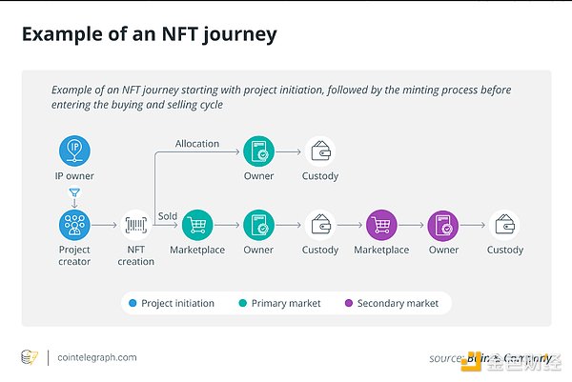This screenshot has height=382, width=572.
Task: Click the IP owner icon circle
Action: click(x=74, y=151)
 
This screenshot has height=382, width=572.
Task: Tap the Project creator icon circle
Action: click(x=74, y=225)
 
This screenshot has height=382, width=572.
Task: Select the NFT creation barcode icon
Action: click(x=136, y=225)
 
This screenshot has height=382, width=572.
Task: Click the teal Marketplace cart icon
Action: click(x=196, y=225)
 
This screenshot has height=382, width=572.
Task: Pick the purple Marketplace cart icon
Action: click(x=381, y=225)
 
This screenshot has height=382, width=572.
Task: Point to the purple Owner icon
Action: click(x=443, y=225)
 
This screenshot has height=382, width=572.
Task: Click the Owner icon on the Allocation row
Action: click(x=258, y=151)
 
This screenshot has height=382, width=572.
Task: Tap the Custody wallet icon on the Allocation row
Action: click(x=320, y=151)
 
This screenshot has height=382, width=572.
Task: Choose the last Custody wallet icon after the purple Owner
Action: click(x=504, y=225)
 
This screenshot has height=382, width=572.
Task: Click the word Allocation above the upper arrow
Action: click(x=196, y=144)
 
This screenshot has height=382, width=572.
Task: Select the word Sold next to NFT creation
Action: click(x=168, y=216)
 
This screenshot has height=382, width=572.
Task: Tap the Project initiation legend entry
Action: click(x=171, y=303)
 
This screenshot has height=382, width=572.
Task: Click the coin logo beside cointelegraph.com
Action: click(x=30, y=357)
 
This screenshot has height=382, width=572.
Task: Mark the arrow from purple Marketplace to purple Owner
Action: click(x=412, y=225)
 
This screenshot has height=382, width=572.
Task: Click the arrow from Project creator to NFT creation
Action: click(x=105, y=225)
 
